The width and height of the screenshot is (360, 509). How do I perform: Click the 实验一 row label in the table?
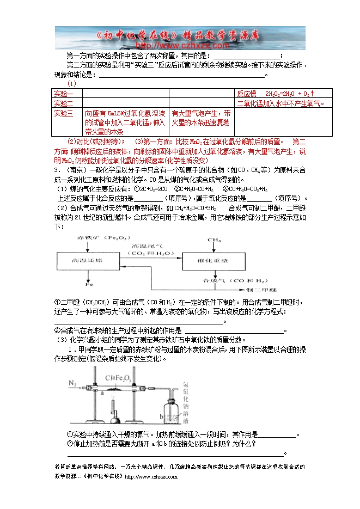(x=63, y=94)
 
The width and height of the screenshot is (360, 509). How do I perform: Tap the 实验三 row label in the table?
(x=63, y=113)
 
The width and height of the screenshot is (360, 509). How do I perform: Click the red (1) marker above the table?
(x=71, y=84)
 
